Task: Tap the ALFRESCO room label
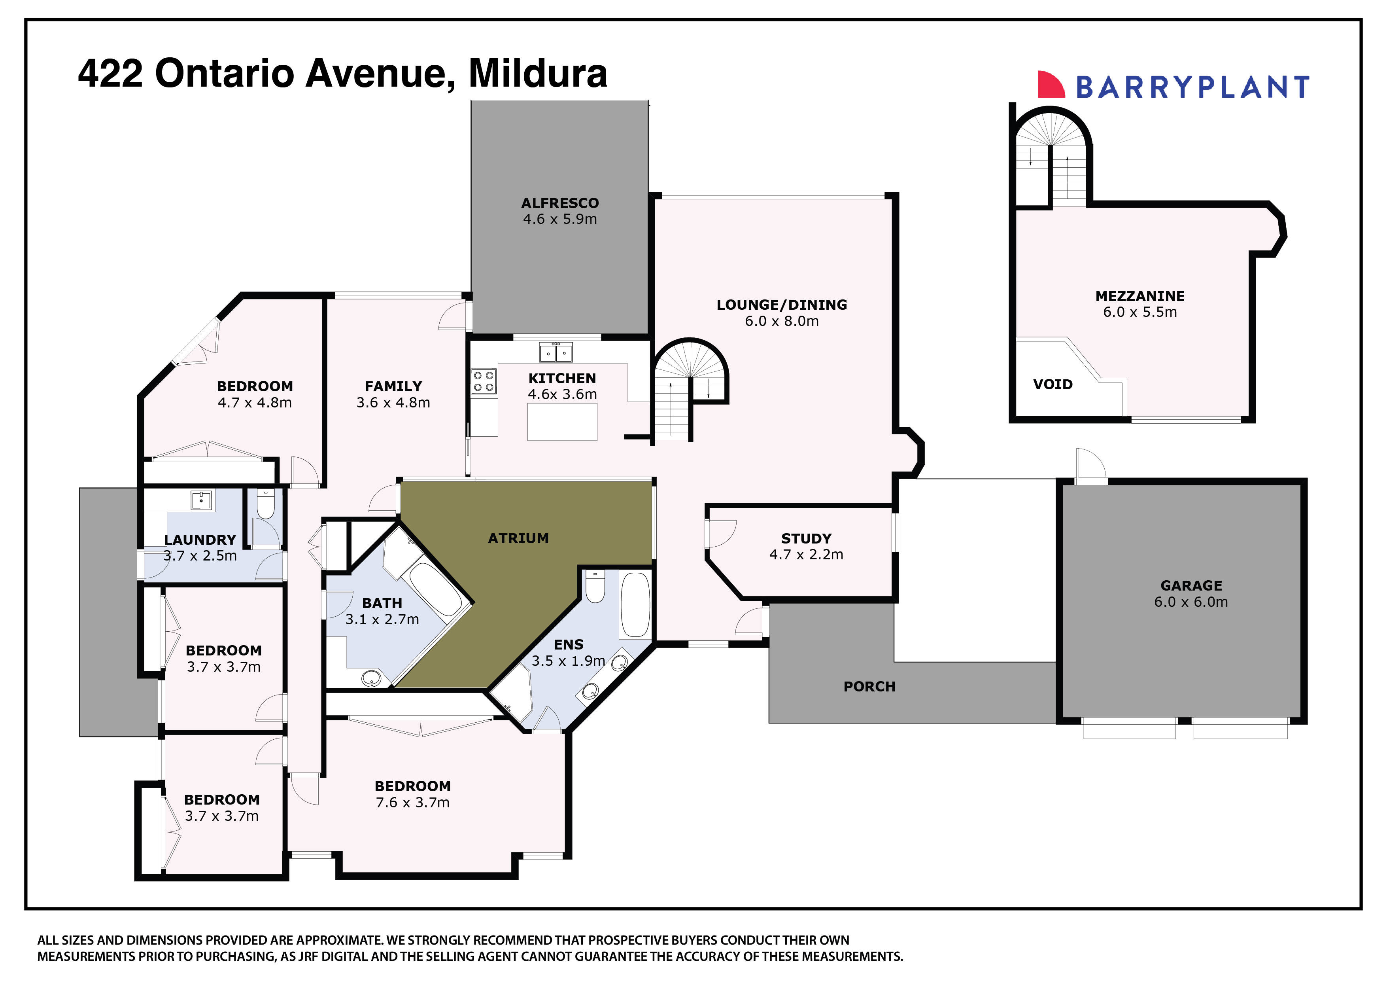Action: click(559, 203)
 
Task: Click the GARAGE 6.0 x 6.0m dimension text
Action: click(1190, 602)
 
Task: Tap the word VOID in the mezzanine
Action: click(1053, 384)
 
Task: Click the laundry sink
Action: click(201, 500)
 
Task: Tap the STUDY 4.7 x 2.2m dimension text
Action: click(805, 555)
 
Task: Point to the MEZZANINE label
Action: click(1139, 296)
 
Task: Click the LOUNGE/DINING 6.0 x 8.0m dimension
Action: click(781, 321)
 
